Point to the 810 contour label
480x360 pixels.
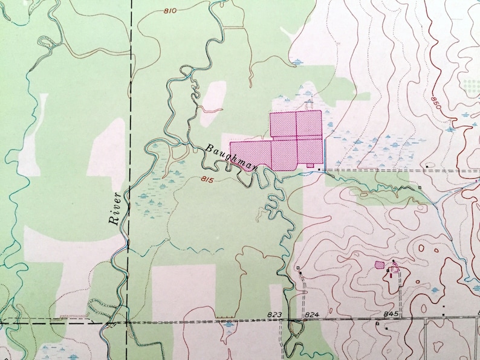pyautogui.click(x=171, y=10)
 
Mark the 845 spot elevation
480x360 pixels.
pyautogui.click(x=391, y=314)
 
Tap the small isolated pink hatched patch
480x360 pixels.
pyautogui.click(x=379, y=265)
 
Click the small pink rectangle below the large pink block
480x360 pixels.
pyautogui.click(x=310, y=164)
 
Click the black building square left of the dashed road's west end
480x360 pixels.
pyautogui.click(x=319, y=171)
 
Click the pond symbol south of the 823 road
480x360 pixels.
pyautogui.click(x=229, y=325)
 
